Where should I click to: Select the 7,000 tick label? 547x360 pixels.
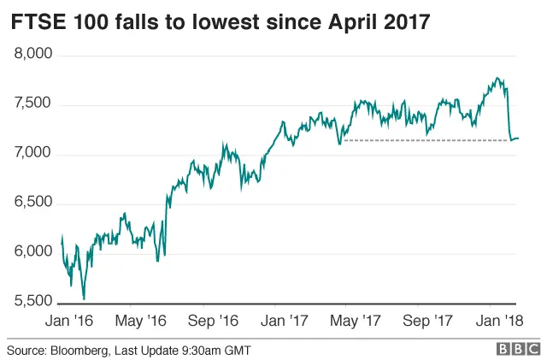pyautogui.click(x=34, y=154)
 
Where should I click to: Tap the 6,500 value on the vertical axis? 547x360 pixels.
pyautogui.click(x=34, y=204)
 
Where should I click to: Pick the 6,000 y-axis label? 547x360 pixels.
pyautogui.click(x=34, y=252)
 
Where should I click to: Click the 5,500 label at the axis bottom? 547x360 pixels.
pyautogui.click(x=34, y=302)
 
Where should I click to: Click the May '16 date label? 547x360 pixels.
pyautogui.click(x=140, y=320)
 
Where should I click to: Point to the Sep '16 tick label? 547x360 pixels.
pyautogui.click(x=213, y=320)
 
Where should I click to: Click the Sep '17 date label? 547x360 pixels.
pyautogui.click(x=427, y=320)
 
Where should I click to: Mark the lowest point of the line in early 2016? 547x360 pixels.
pyautogui.click(x=83, y=298)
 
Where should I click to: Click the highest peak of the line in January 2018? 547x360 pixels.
pyautogui.click(x=498, y=79)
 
